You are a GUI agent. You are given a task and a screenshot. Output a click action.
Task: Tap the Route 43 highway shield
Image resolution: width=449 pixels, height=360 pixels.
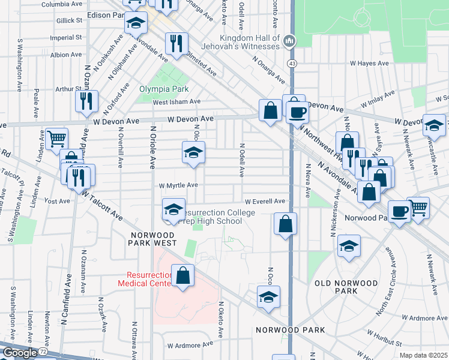(x=291, y=63)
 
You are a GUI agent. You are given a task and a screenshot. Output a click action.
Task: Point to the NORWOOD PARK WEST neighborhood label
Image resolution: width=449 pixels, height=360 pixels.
(x=151, y=238)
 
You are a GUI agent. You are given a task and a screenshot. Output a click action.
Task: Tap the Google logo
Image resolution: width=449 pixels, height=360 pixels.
(x=19, y=353)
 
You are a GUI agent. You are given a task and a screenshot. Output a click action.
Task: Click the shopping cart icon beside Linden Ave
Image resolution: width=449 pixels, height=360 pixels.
(x=56, y=139)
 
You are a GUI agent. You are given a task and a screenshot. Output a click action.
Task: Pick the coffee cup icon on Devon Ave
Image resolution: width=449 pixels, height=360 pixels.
(x=297, y=112)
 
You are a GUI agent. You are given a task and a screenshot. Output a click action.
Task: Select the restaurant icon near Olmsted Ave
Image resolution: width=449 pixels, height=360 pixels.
(x=176, y=43)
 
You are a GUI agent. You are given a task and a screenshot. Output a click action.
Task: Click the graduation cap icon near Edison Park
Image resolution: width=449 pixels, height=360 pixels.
(x=136, y=23)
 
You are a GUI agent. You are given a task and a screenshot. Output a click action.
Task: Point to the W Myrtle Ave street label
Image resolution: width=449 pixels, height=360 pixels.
(x=178, y=185)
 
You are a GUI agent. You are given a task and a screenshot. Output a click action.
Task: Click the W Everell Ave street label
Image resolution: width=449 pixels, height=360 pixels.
(x=264, y=202)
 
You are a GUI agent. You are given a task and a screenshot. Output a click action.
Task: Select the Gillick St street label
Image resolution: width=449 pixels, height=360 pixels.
(x=70, y=20)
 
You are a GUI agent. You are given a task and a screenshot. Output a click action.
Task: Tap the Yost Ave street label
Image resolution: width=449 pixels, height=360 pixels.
(x=58, y=202)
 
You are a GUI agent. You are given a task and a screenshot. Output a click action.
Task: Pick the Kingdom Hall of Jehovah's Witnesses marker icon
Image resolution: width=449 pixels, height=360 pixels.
(x=289, y=41)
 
